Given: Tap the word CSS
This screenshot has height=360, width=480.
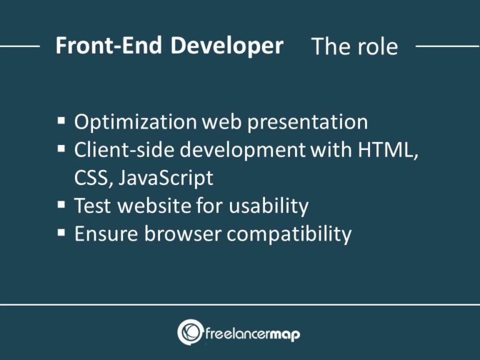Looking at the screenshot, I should click(x=88, y=178).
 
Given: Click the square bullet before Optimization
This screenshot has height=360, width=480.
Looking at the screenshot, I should click(x=61, y=121).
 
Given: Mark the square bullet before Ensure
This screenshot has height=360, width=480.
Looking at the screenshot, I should click(x=61, y=233).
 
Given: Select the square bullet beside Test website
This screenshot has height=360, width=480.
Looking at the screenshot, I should click(x=61, y=205).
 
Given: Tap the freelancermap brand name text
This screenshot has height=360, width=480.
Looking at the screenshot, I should click(x=252, y=335).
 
